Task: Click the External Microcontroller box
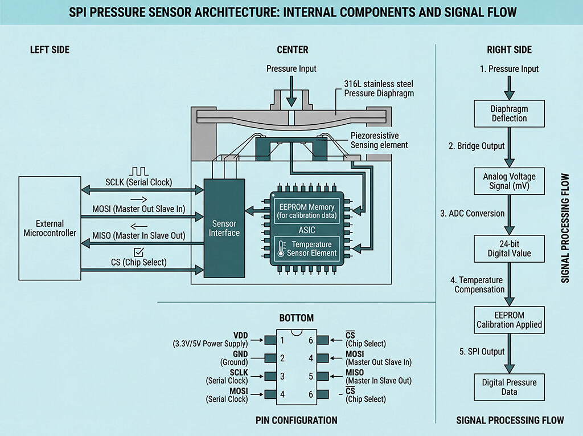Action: click(50, 228)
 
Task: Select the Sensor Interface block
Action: click(224, 228)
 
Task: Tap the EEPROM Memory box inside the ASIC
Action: click(307, 211)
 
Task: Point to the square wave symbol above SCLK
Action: click(139, 172)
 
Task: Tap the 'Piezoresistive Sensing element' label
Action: click(379, 140)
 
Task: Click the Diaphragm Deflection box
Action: click(509, 113)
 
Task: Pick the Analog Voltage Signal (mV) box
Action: click(509, 181)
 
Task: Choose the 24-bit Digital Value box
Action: click(509, 248)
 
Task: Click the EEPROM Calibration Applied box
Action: click(509, 320)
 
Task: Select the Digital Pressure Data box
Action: click(509, 387)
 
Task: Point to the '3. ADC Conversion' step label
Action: click(473, 213)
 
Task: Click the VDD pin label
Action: click(240, 335)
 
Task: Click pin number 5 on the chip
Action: click(311, 376)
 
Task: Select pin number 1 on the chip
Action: click(282, 340)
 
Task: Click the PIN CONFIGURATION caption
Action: click(296, 420)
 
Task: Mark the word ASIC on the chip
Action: click(307, 230)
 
